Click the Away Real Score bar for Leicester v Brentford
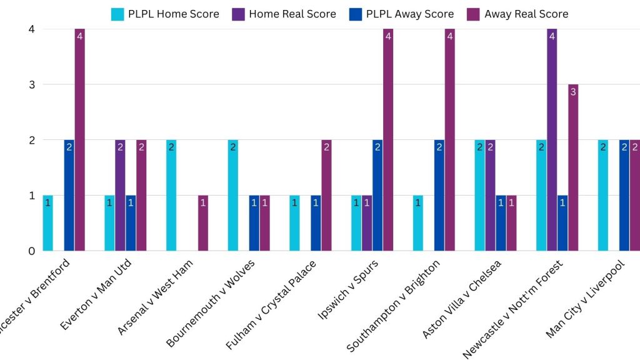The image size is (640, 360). click(x=79, y=140)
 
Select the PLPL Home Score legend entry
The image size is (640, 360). click(x=165, y=14)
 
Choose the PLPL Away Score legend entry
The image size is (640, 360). click(x=401, y=14)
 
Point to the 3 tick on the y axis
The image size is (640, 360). click(x=31, y=84)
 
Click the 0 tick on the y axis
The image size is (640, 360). click(x=31, y=251)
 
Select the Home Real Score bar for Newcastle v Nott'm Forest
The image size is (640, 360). click(x=552, y=140)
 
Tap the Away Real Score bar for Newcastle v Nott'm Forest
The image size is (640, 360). click(x=573, y=167)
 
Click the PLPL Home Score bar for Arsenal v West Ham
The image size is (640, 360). click(x=171, y=195)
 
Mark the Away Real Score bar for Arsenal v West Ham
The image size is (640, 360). click(x=203, y=223)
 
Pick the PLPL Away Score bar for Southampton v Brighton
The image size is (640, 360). click(x=439, y=195)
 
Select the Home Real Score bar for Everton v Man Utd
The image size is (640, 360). click(x=120, y=195)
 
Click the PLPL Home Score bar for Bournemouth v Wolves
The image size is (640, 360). click(x=233, y=195)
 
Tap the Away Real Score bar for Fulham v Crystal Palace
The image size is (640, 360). click(x=326, y=195)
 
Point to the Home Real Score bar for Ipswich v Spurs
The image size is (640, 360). click(x=367, y=223)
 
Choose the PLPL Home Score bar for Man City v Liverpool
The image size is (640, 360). click(x=603, y=195)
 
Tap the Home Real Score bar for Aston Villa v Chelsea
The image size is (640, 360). click(x=491, y=195)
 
